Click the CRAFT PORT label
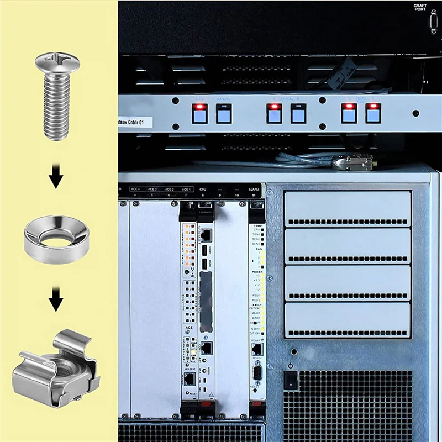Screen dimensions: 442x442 420,8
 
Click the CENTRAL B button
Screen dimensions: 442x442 298,113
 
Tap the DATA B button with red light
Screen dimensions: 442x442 373,113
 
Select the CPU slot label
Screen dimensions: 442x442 203,189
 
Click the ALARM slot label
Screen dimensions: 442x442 254,189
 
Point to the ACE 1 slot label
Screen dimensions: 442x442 186,189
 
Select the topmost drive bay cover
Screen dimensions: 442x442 348,208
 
